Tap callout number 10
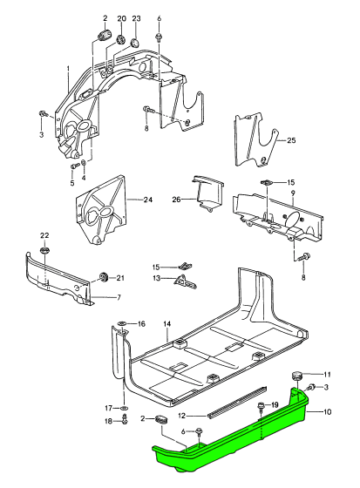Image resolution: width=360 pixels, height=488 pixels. coord(327,410)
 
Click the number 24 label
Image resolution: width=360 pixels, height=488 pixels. coord(147,200)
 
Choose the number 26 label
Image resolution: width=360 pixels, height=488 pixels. coord(176,199)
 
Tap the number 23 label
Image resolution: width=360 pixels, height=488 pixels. coord(136,18)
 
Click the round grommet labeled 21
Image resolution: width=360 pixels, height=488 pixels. coord(104,277)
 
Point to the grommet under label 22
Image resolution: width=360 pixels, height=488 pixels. coord(44,252)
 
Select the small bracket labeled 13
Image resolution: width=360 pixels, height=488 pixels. coord(184,280)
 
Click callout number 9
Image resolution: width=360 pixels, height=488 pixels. coord(293,193)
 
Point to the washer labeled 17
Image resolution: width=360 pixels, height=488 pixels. coord(124,408)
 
